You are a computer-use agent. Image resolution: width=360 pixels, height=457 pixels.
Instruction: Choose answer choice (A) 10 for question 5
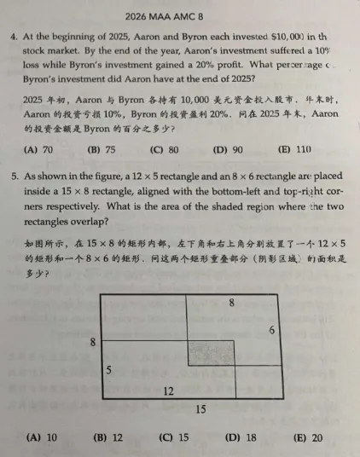tap(42, 437)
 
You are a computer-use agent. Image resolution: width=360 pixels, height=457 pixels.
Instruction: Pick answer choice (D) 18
tap(241, 437)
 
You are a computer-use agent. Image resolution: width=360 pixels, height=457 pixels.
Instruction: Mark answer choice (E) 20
tap(307, 437)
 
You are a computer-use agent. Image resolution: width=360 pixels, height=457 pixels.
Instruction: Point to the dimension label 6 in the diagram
tap(272, 330)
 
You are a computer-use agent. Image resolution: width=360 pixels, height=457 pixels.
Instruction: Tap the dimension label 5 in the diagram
tap(108, 370)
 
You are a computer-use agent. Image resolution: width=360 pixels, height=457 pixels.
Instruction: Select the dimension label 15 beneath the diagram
tap(200, 410)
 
